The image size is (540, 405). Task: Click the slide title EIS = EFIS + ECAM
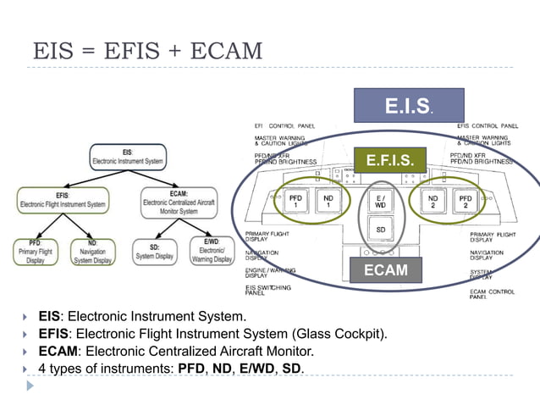pos(147,50)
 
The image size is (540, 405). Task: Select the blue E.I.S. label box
pos(410,106)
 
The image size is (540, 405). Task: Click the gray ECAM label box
pos(386,269)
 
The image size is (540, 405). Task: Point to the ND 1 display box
pos(328,201)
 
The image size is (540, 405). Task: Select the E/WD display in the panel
pos(382,201)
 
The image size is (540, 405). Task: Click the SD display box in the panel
pos(382,230)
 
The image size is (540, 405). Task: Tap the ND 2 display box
pos(433,201)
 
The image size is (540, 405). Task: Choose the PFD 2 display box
pos(466,201)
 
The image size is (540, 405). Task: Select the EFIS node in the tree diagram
pos(63,201)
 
